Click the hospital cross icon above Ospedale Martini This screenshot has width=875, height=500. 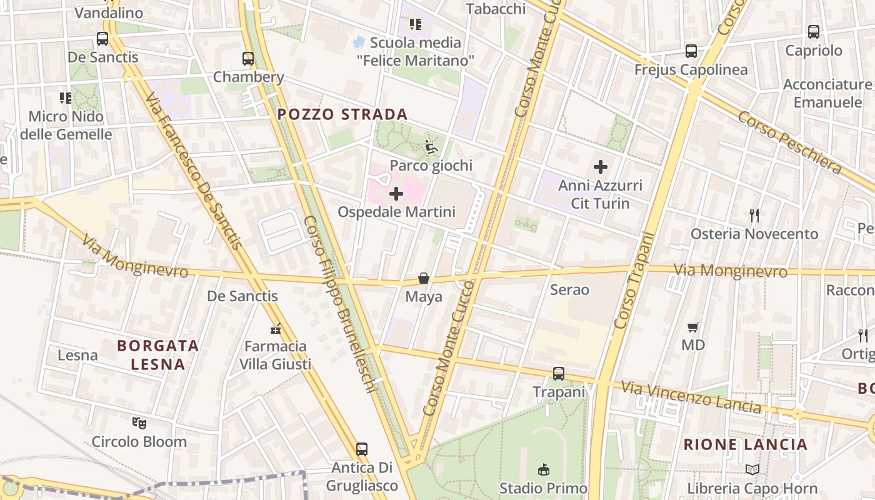396,194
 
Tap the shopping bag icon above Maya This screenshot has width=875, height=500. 424,278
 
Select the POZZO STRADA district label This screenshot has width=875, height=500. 342,114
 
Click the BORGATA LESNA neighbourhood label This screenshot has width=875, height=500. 158,354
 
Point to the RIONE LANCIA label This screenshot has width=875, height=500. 746,444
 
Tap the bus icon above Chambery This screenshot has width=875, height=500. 248,59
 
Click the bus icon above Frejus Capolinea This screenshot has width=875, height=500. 691,51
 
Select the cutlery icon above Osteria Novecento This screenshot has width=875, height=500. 754,216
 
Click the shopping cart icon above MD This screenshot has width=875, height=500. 692,327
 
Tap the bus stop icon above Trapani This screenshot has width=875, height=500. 559,374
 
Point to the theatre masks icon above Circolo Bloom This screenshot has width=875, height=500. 139,423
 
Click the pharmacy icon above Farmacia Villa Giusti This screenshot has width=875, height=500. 275,328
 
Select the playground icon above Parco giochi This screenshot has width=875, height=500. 431,147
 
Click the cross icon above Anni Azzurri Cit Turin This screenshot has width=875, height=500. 601,167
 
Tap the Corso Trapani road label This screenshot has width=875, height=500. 634,280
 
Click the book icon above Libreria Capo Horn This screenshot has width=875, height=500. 752,469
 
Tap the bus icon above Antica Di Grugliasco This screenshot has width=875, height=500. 362,449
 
